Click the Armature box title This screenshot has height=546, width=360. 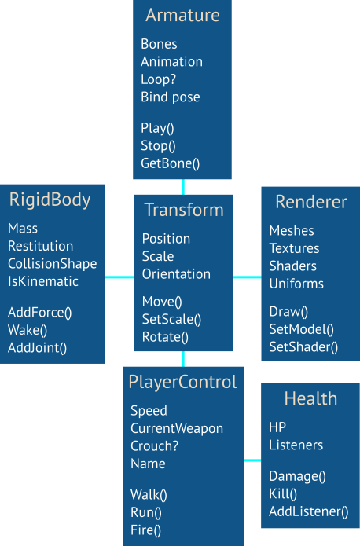(182, 16)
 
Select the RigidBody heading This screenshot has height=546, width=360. (50, 200)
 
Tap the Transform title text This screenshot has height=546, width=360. (184, 210)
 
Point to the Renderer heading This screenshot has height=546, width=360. (311, 202)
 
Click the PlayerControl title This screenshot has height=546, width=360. (182, 382)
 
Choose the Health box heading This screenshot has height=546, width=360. (310, 398)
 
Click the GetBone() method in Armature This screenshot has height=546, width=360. (170, 163)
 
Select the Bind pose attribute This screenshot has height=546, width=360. (171, 97)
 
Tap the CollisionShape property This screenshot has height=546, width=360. (53, 264)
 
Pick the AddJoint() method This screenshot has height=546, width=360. (37, 348)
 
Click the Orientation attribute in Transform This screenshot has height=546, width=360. (176, 274)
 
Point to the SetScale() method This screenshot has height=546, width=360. (171, 319)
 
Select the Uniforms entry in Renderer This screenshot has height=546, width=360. (296, 284)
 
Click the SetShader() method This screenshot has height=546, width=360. (303, 347)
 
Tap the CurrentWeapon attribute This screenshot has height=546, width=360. (177, 429)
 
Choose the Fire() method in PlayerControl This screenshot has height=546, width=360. (145, 530)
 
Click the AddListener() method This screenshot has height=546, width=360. (308, 511)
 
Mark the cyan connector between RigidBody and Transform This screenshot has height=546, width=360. (119, 277)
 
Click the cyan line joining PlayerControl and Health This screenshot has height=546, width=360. (252, 460)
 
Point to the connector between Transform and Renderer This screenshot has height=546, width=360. (247, 277)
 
